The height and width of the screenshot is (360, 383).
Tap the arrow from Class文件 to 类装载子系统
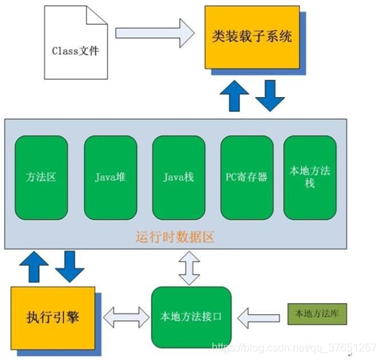pos(154,32)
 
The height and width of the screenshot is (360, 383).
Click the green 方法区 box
pos(41,177)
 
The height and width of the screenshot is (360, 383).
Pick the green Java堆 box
pos(110,177)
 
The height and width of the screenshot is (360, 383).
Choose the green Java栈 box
pos(179,177)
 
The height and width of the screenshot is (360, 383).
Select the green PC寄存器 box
pos(247,177)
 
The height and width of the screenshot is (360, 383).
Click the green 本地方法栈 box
pos(310,177)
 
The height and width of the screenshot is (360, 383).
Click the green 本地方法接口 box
pos(191,316)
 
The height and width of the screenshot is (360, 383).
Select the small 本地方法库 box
pos(313,314)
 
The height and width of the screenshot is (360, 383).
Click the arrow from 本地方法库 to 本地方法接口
pos(260,315)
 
